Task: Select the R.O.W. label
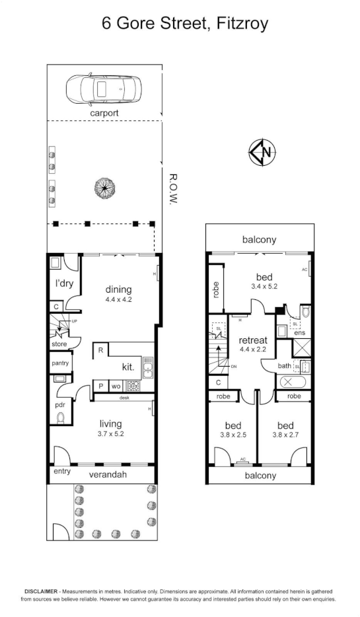point(174,189)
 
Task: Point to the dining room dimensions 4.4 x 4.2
point(119,299)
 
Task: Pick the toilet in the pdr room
point(60,417)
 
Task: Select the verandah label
point(109,474)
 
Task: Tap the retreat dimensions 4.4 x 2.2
point(252,351)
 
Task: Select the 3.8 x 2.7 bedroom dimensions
point(285,435)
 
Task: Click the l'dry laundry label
point(63,284)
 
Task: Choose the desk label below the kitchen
point(124,398)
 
